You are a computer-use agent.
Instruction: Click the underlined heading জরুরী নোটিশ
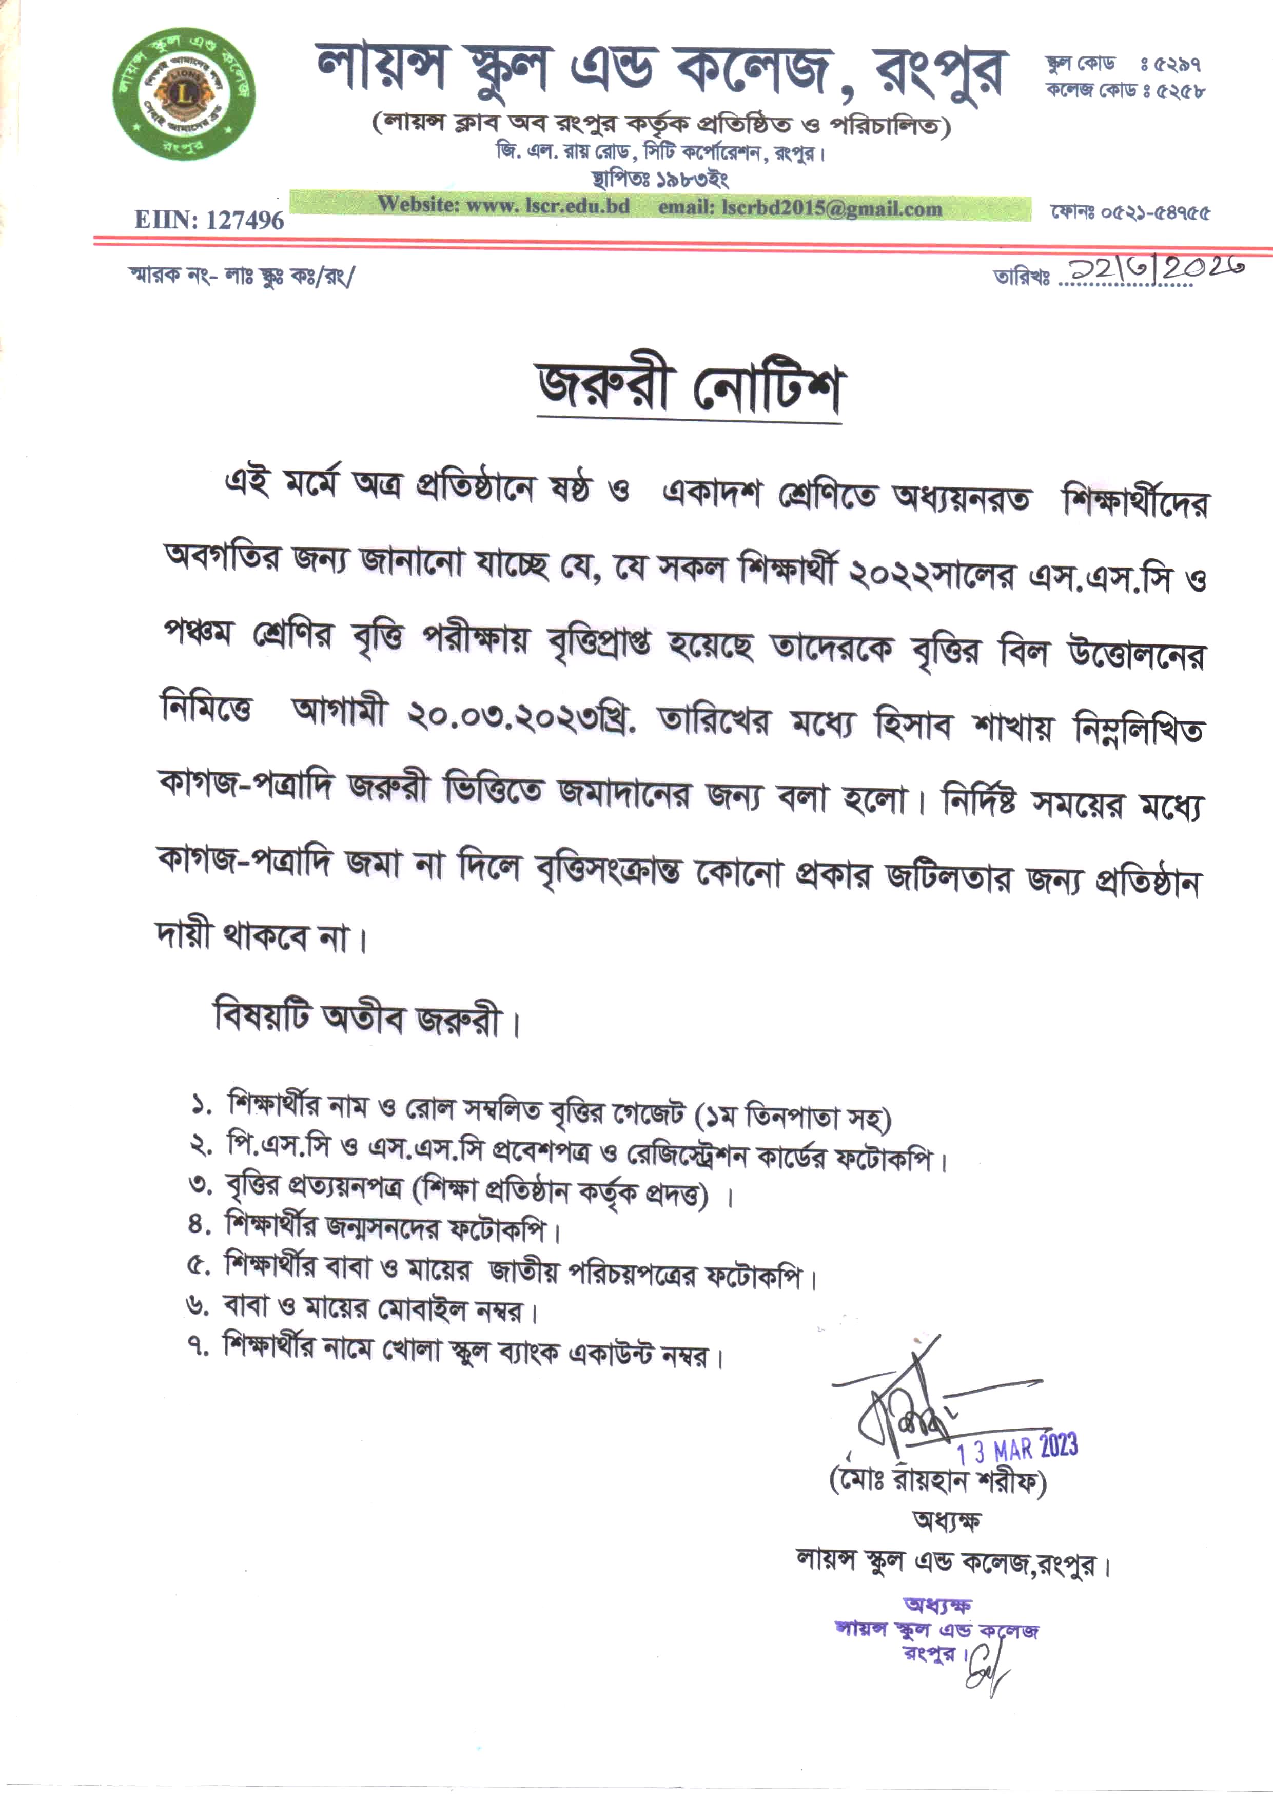click(x=688, y=389)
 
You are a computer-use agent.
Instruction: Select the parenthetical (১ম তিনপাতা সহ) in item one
click(x=793, y=1116)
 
